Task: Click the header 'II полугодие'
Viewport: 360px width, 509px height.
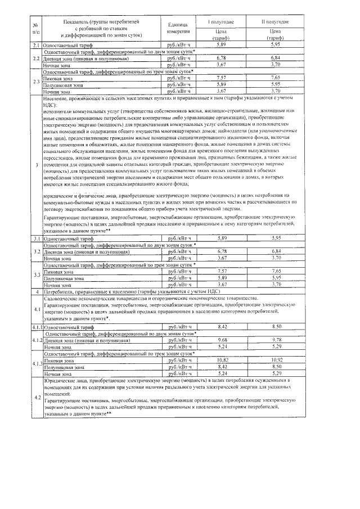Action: point(276,21)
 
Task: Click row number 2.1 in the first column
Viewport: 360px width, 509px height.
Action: point(35,44)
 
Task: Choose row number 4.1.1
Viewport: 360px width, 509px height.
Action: point(36,326)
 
